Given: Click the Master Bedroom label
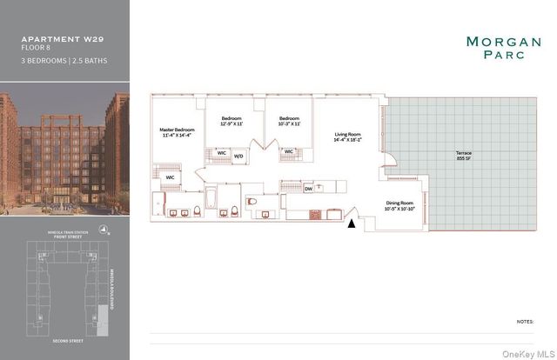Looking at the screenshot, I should coord(177,130).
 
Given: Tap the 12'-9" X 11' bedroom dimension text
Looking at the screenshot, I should coord(231,124).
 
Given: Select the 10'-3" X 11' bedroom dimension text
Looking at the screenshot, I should coord(289,124).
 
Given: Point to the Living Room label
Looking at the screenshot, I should coord(348,135).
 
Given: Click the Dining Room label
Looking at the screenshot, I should coord(402,203).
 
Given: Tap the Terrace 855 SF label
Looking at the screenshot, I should coord(463,156).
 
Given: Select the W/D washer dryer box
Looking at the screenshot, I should coord(238,157).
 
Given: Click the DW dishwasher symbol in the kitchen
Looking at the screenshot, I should coord(309,187).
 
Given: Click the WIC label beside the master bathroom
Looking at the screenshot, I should coord(171,177).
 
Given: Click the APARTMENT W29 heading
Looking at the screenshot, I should coord(56,39).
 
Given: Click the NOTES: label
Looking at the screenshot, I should coord(525,321).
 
